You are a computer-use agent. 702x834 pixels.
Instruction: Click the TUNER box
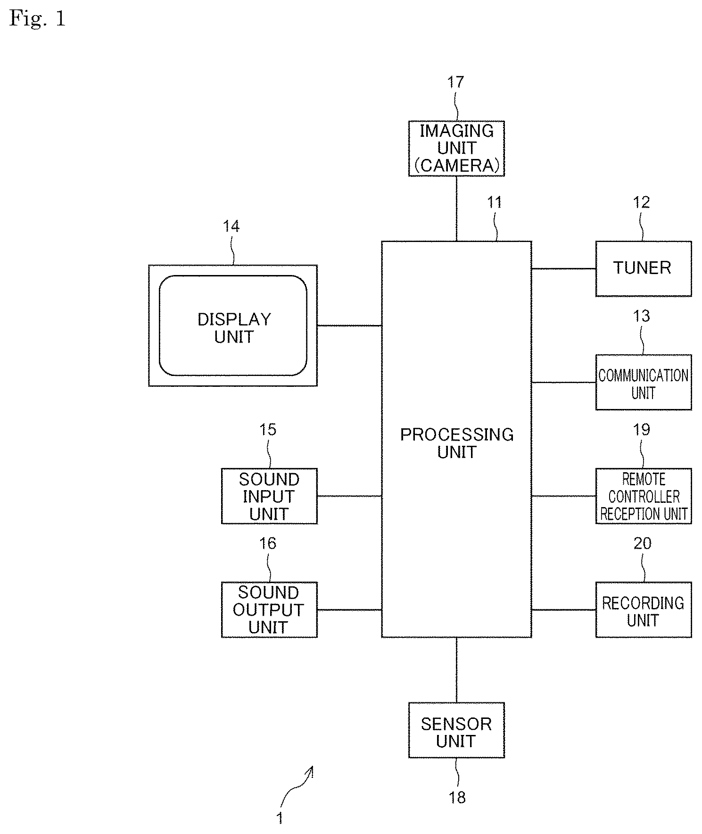point(644,269)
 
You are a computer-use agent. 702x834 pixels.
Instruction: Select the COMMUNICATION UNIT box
point(644,382)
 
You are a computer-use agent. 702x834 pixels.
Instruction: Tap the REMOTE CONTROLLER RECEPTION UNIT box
point(644,496)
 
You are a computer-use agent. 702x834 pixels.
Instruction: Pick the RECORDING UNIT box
point(644,609)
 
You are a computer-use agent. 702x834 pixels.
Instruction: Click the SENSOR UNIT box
point(456,730)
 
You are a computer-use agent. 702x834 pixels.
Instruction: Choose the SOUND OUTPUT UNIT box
point(269,609)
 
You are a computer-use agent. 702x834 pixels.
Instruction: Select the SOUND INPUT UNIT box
point(269,496)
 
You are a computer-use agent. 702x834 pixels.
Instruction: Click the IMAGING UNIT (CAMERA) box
point(456,149)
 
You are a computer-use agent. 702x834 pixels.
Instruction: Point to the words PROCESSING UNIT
point(457,443)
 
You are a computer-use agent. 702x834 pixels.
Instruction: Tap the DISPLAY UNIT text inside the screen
point(234,328)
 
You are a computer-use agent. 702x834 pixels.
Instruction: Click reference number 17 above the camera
point(456,82)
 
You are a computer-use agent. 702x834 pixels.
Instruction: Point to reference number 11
point(494,202)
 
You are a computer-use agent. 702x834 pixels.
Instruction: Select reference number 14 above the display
point(231,226)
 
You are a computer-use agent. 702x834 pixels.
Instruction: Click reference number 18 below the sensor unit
point(457,797)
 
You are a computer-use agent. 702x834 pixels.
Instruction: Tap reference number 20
point(643,543)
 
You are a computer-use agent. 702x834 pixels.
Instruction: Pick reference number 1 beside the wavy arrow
point(280,817)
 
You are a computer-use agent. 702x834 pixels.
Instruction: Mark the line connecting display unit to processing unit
point(349,325)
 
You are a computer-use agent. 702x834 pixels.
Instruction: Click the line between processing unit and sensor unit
point(456,670)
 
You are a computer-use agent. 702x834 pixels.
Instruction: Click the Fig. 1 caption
point(37,19)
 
